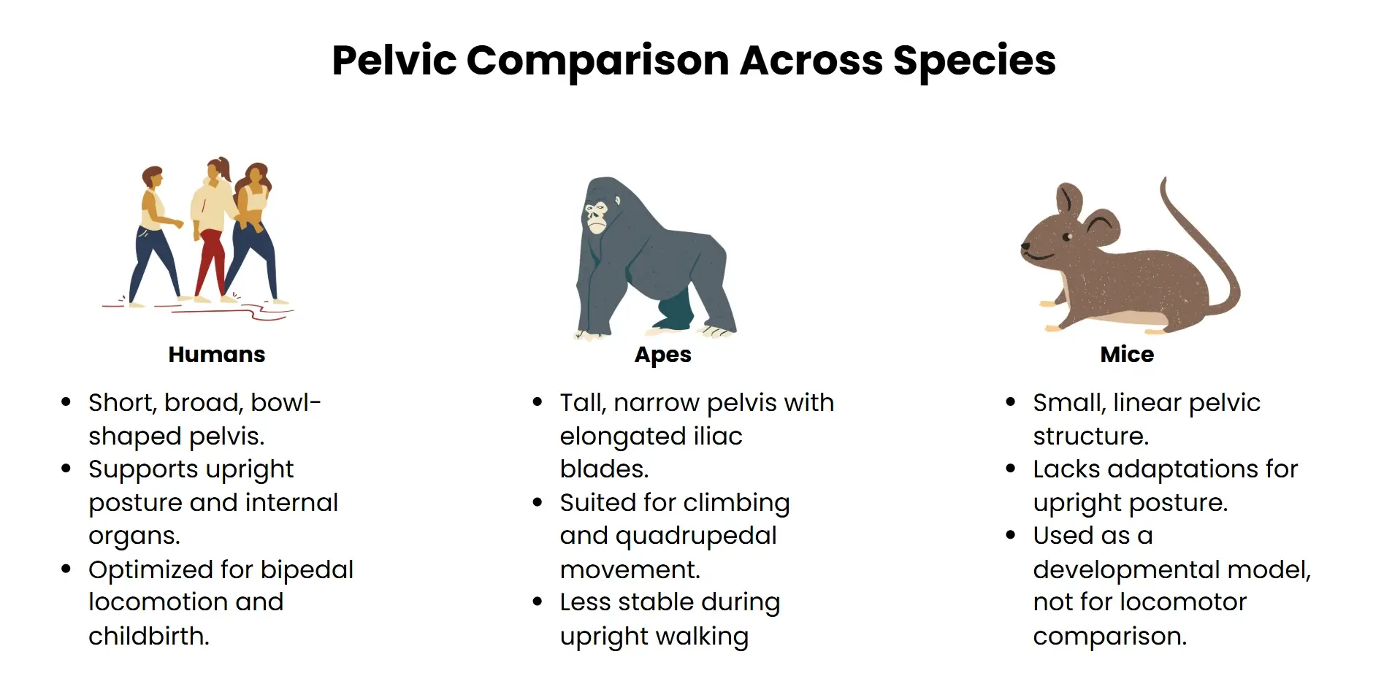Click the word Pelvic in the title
point(394,61)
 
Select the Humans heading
point(217,355)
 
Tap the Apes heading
point(662,355)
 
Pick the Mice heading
point(1127,355)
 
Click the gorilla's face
point(596,216)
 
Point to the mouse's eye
point(1067,237)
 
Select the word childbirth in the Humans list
point(148,636)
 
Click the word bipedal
point(307,569)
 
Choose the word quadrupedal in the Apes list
point(696,536)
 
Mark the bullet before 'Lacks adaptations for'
point(1011,469)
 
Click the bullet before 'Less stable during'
point(538,602)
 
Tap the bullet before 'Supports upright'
point(66,469)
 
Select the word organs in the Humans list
point(134,536)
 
